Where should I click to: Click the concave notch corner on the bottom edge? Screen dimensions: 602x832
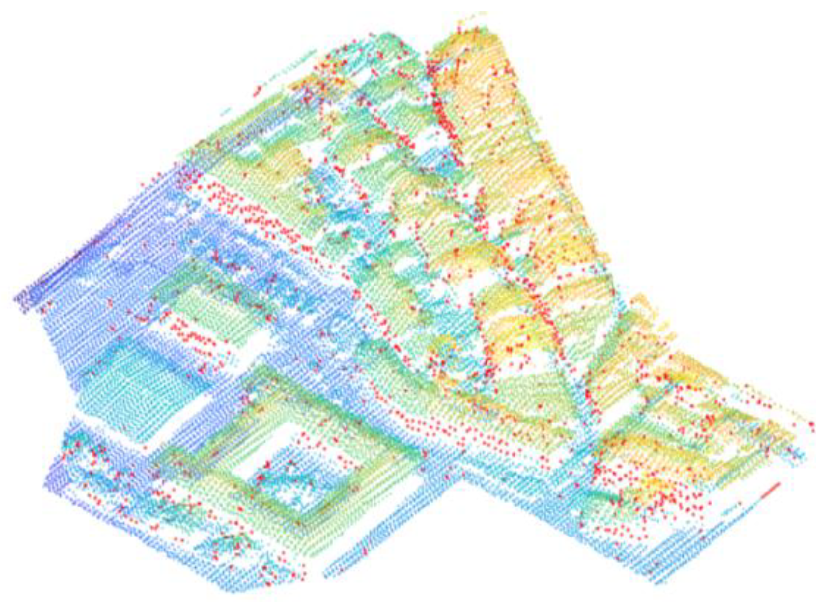[463, 474]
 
